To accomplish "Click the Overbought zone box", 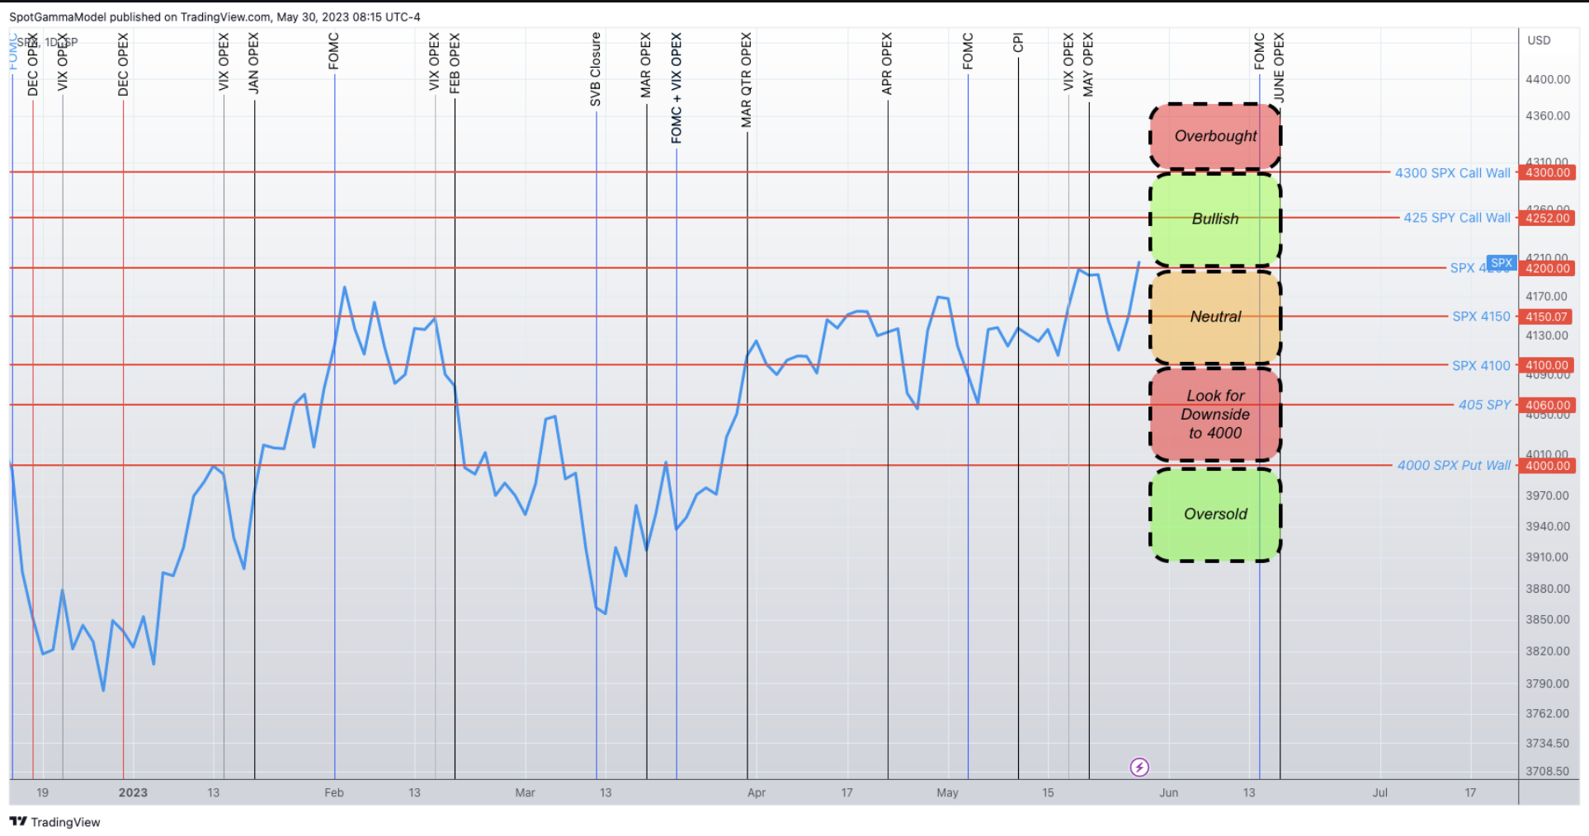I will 1215,136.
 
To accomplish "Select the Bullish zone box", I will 1215,218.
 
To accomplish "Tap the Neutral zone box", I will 1215,317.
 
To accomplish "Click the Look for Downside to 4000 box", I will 1215,414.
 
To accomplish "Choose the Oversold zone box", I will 1215,514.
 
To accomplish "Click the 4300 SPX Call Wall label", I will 1452,173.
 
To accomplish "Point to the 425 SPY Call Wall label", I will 1456,218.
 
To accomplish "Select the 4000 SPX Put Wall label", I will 1454,466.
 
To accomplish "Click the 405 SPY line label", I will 1484,405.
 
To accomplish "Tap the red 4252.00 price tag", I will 1547,218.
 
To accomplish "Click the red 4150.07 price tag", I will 1546,317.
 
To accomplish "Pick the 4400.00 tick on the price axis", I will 1548,80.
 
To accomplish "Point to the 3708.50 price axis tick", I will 1548,772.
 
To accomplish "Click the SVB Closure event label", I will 596,70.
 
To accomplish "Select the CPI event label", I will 1018,43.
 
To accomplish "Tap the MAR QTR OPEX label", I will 747,80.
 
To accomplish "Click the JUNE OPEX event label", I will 1279,68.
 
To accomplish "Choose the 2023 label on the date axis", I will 133,793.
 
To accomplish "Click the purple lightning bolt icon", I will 1139,768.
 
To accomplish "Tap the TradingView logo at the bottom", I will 55,822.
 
